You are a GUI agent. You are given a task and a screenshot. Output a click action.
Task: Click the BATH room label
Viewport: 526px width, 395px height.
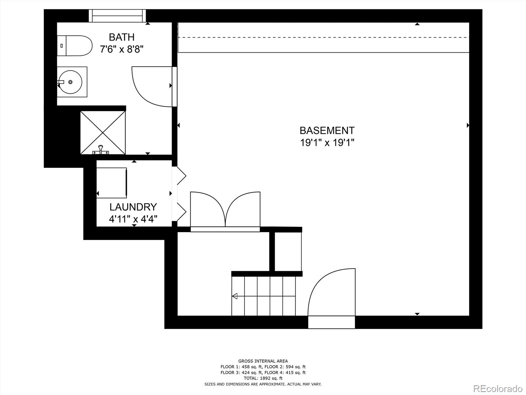[x=122, y=37]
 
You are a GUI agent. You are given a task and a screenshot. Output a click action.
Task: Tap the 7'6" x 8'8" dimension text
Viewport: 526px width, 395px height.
[x=122, y=49]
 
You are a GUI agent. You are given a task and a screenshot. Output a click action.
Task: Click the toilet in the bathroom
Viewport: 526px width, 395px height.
[x=75, y=46]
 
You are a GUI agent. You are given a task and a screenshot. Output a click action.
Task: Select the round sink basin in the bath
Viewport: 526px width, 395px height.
[x=70, y=82]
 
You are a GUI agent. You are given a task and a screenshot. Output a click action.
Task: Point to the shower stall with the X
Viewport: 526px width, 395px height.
[x=103, y=133]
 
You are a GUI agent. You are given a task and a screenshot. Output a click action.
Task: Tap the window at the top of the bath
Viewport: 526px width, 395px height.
[x=118, y=16]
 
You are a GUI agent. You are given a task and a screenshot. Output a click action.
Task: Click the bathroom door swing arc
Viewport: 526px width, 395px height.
[x=148, y=87]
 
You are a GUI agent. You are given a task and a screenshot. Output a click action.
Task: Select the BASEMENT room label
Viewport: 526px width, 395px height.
[x=327, y=131]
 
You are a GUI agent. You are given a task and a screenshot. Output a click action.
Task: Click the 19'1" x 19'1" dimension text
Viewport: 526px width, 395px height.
[x=327, y=143]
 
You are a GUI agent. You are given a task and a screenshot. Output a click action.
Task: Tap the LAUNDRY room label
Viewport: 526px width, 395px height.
[x=133, y=207]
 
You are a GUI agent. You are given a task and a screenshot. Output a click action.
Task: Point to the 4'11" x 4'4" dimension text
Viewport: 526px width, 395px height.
[x=133, y=219]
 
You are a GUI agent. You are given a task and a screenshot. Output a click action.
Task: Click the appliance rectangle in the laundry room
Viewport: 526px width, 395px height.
[x=112, y=183]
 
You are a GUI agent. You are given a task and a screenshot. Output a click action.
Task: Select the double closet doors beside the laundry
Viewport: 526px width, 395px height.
[x=225, y=211]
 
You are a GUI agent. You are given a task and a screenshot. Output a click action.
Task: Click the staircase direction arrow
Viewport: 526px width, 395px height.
[x=235, y=296]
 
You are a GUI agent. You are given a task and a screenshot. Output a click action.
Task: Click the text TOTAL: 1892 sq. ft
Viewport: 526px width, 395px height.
[x=263, y=378]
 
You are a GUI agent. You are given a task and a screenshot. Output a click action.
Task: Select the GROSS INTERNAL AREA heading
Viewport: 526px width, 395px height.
[x=263, y=361]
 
